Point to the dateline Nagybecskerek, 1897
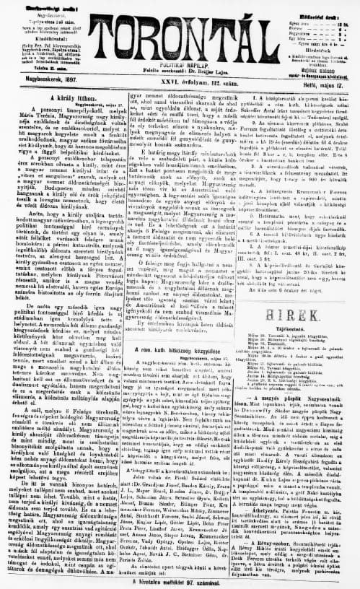click(35, 83)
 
